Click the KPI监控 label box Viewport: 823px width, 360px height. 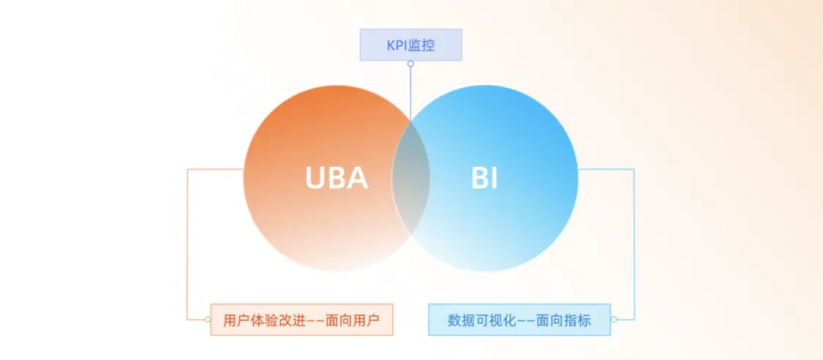point(410,45)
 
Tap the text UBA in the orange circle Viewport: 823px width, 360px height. point(337,179)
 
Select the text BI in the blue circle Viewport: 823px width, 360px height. point(484,179)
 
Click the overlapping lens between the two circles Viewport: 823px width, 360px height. point(410,179)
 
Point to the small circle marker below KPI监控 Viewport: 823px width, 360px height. point(410,64)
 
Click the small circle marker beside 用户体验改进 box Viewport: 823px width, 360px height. point(207,320)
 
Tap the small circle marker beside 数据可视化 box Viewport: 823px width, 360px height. point(614,320)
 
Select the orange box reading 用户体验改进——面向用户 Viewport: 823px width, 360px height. point(302,320)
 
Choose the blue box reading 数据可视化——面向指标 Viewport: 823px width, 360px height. point(519,320)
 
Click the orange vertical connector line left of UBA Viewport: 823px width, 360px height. point(187,244)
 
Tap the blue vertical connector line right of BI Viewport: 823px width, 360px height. point(634,244)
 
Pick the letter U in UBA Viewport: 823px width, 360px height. point(315,179)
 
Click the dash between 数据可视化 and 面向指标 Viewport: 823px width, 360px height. point(519,320)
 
